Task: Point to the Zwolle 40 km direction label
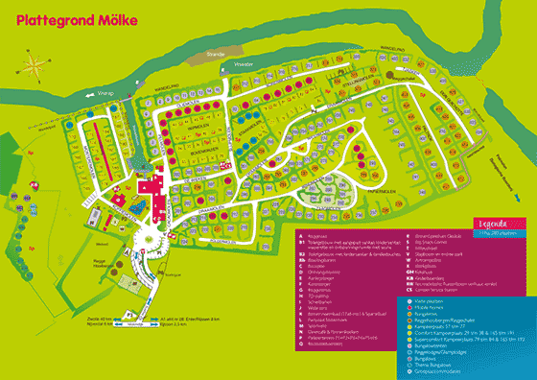pyautogui.click(x=72, y=318)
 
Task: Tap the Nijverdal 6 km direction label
pyautogui.click(x=71, y=324)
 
